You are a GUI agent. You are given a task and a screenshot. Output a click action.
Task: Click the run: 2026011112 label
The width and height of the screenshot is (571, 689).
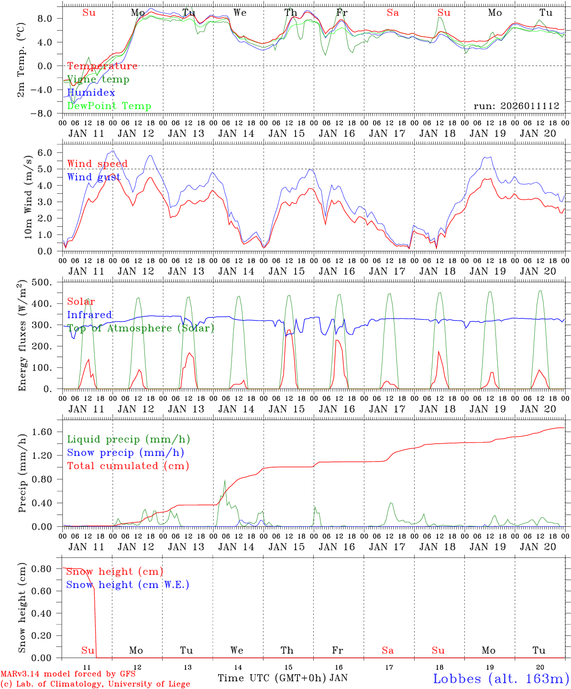point(516,106)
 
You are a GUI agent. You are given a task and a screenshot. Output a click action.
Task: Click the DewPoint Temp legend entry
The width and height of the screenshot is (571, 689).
point(109,106)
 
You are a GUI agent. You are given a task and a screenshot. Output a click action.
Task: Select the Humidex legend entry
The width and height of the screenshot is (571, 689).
point(91,93)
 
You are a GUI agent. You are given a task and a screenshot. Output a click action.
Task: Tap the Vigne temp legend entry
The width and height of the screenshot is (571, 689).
point(98,79)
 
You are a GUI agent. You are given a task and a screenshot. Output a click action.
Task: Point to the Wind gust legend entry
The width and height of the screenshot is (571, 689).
point(94,177)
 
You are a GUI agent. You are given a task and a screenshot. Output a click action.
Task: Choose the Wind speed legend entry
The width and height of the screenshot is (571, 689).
point(97,164)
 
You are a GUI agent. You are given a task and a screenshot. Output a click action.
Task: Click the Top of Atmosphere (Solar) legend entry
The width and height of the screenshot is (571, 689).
point(140,328)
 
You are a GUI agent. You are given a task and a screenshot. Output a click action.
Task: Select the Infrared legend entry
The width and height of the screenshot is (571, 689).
point(89,315)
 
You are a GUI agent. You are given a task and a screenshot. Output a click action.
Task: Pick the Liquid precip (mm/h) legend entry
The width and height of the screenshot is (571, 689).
point(128,439)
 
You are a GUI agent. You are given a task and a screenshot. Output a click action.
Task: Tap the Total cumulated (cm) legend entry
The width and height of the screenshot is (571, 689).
point(128,466)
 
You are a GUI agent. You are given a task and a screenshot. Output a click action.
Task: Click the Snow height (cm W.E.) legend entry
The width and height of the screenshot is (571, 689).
point(127,585)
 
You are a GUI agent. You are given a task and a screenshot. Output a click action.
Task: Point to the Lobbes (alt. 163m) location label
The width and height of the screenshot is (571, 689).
point(501,678)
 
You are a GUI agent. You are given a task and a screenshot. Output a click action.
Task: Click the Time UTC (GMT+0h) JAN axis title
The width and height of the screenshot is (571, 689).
point(282,678)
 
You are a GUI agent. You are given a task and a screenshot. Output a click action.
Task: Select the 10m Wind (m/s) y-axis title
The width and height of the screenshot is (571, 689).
point(28,198)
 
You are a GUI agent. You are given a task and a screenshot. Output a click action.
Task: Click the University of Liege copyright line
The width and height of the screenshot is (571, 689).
point(95,684)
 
